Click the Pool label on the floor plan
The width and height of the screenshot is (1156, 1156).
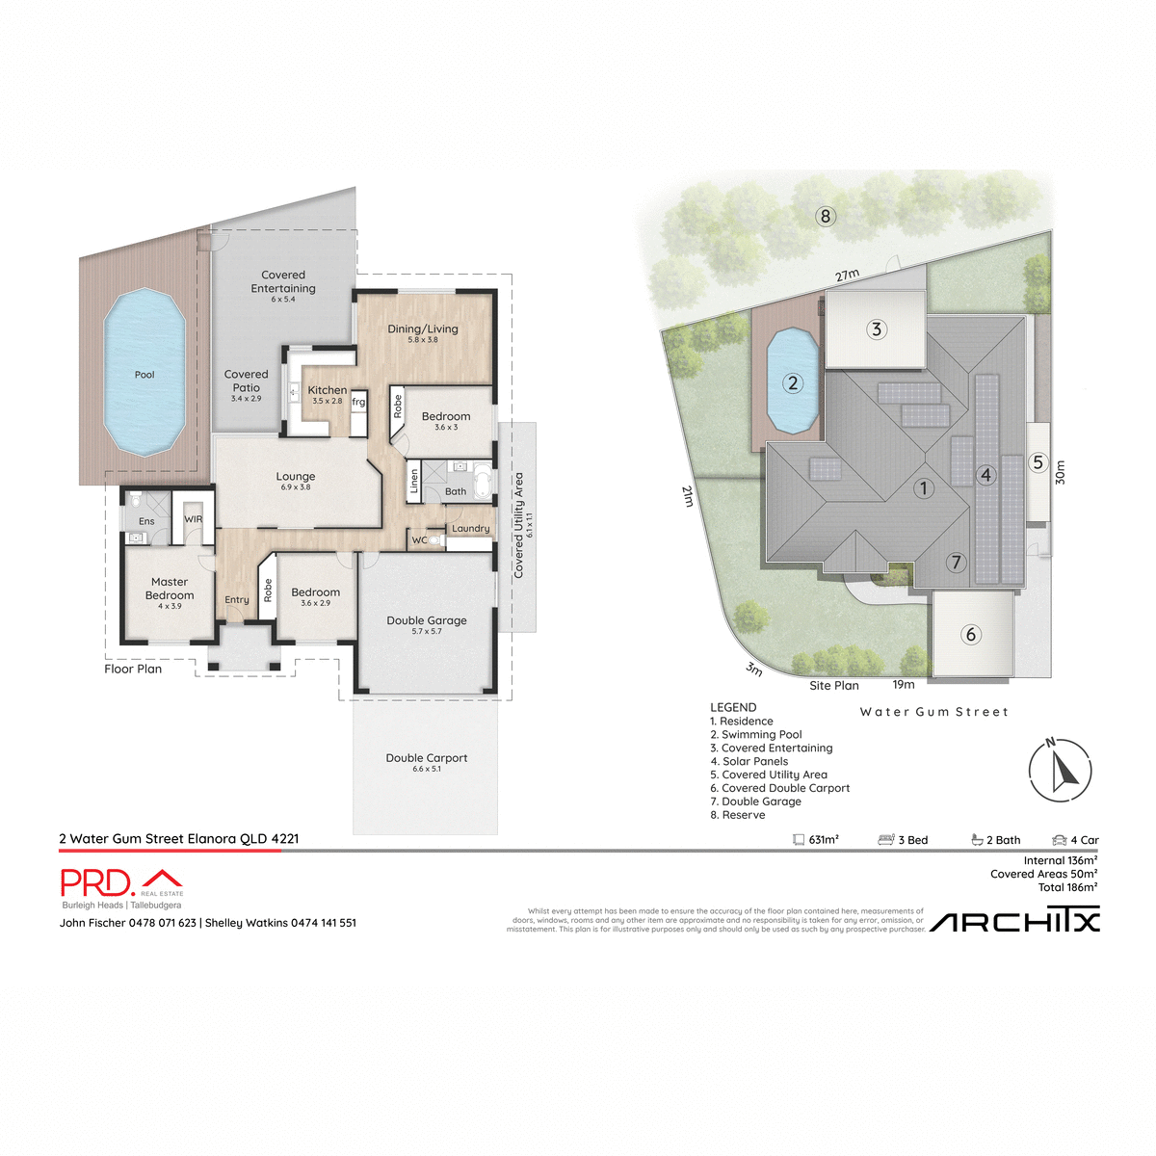click(144, 375)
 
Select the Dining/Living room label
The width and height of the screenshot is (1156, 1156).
click(423, 329)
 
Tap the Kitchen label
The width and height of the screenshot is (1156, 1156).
click(328, 390)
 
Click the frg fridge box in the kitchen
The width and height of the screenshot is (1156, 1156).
click(358, 403)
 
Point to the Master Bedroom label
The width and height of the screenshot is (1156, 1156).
click(170, 589)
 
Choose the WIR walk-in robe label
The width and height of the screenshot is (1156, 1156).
click(194, 519)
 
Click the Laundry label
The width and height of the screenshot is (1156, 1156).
click(471, 528)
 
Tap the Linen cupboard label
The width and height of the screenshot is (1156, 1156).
click(414, 480)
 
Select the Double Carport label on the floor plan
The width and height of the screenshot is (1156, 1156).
click(427, 758)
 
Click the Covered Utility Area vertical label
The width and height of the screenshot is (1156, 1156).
click(519, 525)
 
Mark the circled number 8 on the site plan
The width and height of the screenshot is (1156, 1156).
click(825, 216)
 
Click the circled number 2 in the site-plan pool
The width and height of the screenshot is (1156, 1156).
click(793, 383)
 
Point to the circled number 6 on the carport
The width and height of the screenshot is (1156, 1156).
click(971, 634)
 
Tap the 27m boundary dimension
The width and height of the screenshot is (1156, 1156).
click(847, 276)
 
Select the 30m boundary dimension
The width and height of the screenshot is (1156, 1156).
click(1061, 472)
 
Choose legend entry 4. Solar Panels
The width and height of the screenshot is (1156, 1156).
click(749, 761)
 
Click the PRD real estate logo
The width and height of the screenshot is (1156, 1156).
click(121, 882)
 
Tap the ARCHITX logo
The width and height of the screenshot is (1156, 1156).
click(1014, 921)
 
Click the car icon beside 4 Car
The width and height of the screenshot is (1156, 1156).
click(1060, 840)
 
